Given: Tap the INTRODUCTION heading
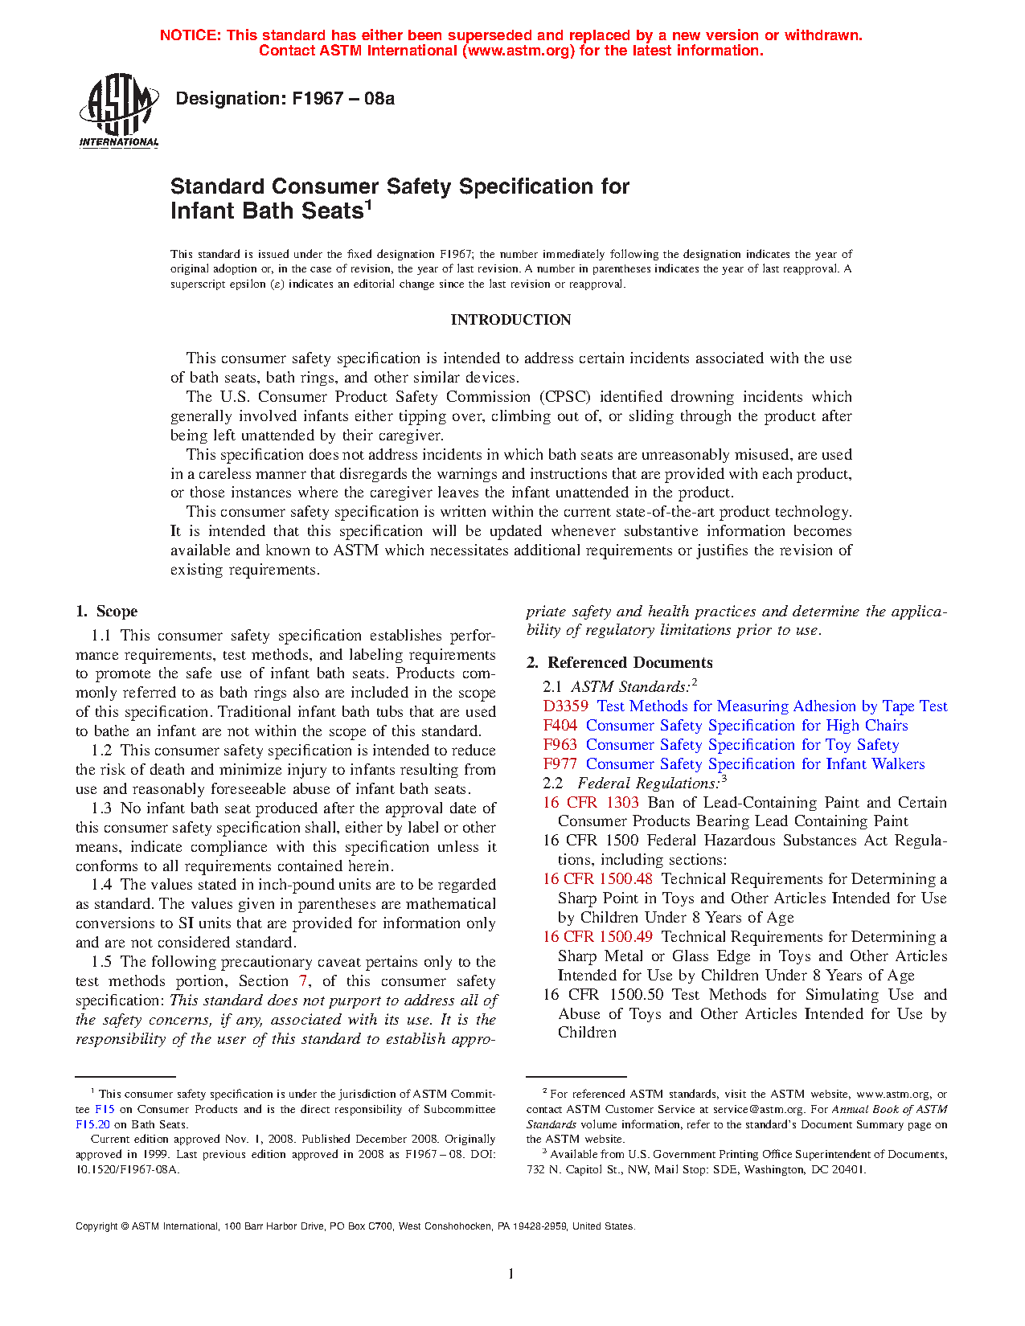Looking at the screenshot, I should coord(510,320).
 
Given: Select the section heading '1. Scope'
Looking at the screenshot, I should coord(106,612).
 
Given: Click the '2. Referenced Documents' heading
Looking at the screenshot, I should coord(619,663).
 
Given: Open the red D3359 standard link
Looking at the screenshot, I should coord(565,706).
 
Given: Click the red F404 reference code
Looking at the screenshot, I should coord(560,726).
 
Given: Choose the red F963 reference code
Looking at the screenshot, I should coord(560,745).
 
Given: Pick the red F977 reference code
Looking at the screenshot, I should coord(560,764).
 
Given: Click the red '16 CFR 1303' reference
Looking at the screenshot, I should coord(591,803).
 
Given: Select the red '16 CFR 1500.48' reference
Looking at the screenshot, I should coord(597,879).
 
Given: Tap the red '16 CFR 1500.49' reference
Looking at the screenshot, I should coord(597,937).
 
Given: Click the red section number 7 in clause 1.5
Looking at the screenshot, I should coord(303,981).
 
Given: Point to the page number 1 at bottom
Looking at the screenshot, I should coord(510,1273).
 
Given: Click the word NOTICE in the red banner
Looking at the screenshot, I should coord(190,35).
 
